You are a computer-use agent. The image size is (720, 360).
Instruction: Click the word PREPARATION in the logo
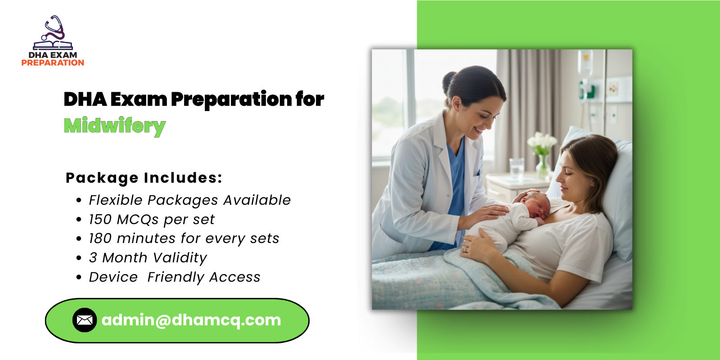coord(53,63)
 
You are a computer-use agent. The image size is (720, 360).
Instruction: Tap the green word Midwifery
coord(115,126)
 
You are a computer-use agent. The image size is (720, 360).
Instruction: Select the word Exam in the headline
coord(139,99)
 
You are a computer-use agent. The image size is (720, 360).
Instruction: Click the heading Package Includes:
coord(144,178)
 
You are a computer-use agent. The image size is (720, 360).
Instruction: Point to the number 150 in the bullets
coord(100,220)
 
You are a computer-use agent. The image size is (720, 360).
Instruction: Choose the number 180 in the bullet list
coord(100,238)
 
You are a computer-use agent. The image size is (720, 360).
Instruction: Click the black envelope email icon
coord(85,320)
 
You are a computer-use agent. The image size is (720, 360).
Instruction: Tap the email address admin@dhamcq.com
coord(191,320)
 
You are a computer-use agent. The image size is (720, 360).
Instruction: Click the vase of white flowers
coord(542,155)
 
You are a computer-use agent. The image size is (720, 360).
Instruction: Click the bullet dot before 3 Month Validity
coord(79,258)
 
